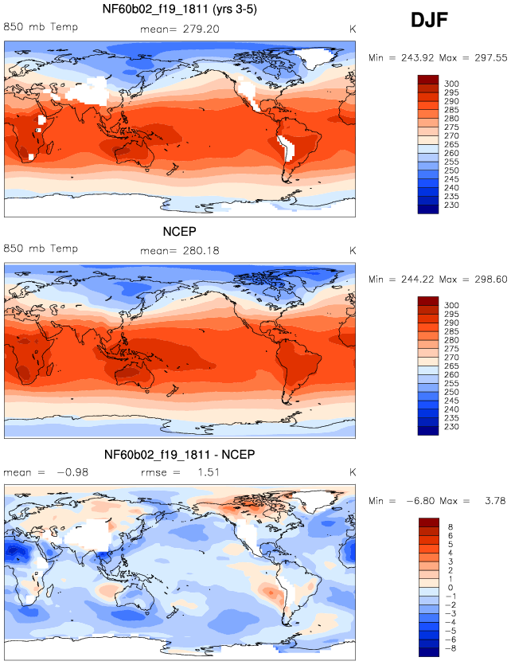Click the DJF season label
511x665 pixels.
click(429, 20)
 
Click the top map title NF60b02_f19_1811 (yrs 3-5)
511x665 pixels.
click(180, 9)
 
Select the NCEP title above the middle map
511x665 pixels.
click(180, 232)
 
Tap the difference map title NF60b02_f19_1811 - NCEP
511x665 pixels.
click(180, 455)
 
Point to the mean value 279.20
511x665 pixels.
click(201, 29)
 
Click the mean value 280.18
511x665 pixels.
click(201, 251)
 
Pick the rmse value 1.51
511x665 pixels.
click(209, 472)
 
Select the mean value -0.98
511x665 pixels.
click(72, 472)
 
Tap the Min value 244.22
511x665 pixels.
click(417, 279)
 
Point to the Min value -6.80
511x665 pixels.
click(421, 501)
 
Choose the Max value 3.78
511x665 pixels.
click(495, 501)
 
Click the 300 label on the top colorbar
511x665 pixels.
click(451, 84)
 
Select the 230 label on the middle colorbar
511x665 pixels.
click(451, 427)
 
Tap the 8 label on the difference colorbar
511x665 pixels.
click(451, 526)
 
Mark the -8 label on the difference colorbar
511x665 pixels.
click(451, 648)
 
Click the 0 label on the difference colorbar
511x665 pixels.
click(451, 588)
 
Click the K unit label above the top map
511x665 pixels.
click(352, 29)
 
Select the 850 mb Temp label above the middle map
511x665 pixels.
click(41, 248)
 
